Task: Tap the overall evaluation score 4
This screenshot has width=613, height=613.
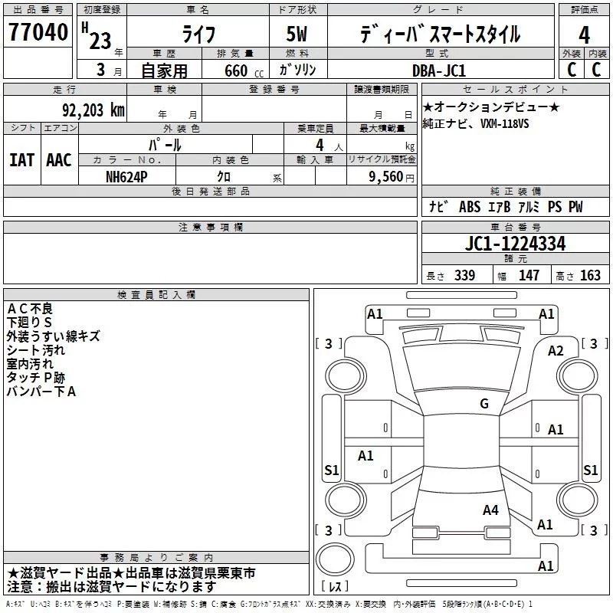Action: tap(584, 34)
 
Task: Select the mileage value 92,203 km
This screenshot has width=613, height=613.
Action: tap(93, 110)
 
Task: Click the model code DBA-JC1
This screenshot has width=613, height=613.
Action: tap(446, 70)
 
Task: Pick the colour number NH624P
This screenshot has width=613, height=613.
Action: tap(127, 175)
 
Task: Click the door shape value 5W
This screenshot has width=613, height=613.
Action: tap(297, 35)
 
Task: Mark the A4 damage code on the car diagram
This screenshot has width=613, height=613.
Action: tap(491, 510)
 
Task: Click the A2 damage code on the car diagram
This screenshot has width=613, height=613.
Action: tap(556, 351)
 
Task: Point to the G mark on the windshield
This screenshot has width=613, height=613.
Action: tap(484, 404)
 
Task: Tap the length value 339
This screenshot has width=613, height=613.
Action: tap(464, 276)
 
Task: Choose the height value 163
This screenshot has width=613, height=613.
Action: tap(590, 276)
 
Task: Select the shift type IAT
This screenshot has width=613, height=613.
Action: tap(21, 159)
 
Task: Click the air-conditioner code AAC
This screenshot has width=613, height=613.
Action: tap(59, 159)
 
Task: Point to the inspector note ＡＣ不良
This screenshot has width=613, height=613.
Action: tap(30, 309)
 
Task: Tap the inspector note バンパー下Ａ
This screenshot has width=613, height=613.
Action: tap(41, 392)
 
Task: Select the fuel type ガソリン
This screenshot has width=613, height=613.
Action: tap(297, 70)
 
